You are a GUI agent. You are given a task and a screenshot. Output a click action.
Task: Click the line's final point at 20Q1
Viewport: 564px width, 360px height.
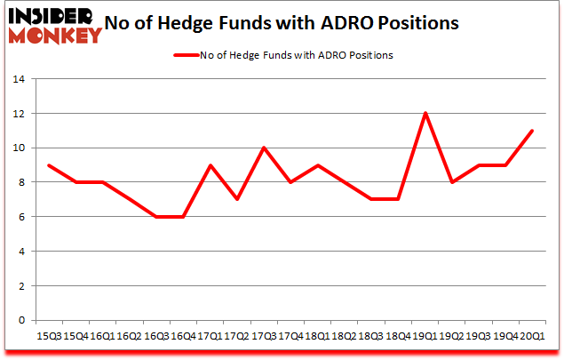click(530, 131)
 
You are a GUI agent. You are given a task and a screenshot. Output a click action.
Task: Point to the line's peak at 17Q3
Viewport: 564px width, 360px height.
click(264, 148)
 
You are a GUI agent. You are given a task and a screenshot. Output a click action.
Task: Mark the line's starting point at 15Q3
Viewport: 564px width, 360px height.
click(49, 165)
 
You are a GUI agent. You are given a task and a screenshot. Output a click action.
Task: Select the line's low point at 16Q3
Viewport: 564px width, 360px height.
click(156, 217)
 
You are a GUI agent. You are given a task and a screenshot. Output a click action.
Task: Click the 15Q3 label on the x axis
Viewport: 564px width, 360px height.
click(49, 336)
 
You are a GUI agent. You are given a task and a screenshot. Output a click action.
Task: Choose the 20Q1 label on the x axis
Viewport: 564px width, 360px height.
click(530, 336)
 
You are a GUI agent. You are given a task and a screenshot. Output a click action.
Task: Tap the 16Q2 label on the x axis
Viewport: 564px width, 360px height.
click(129, 336)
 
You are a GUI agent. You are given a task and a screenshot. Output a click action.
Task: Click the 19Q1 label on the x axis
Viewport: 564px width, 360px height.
click(423, 336)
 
